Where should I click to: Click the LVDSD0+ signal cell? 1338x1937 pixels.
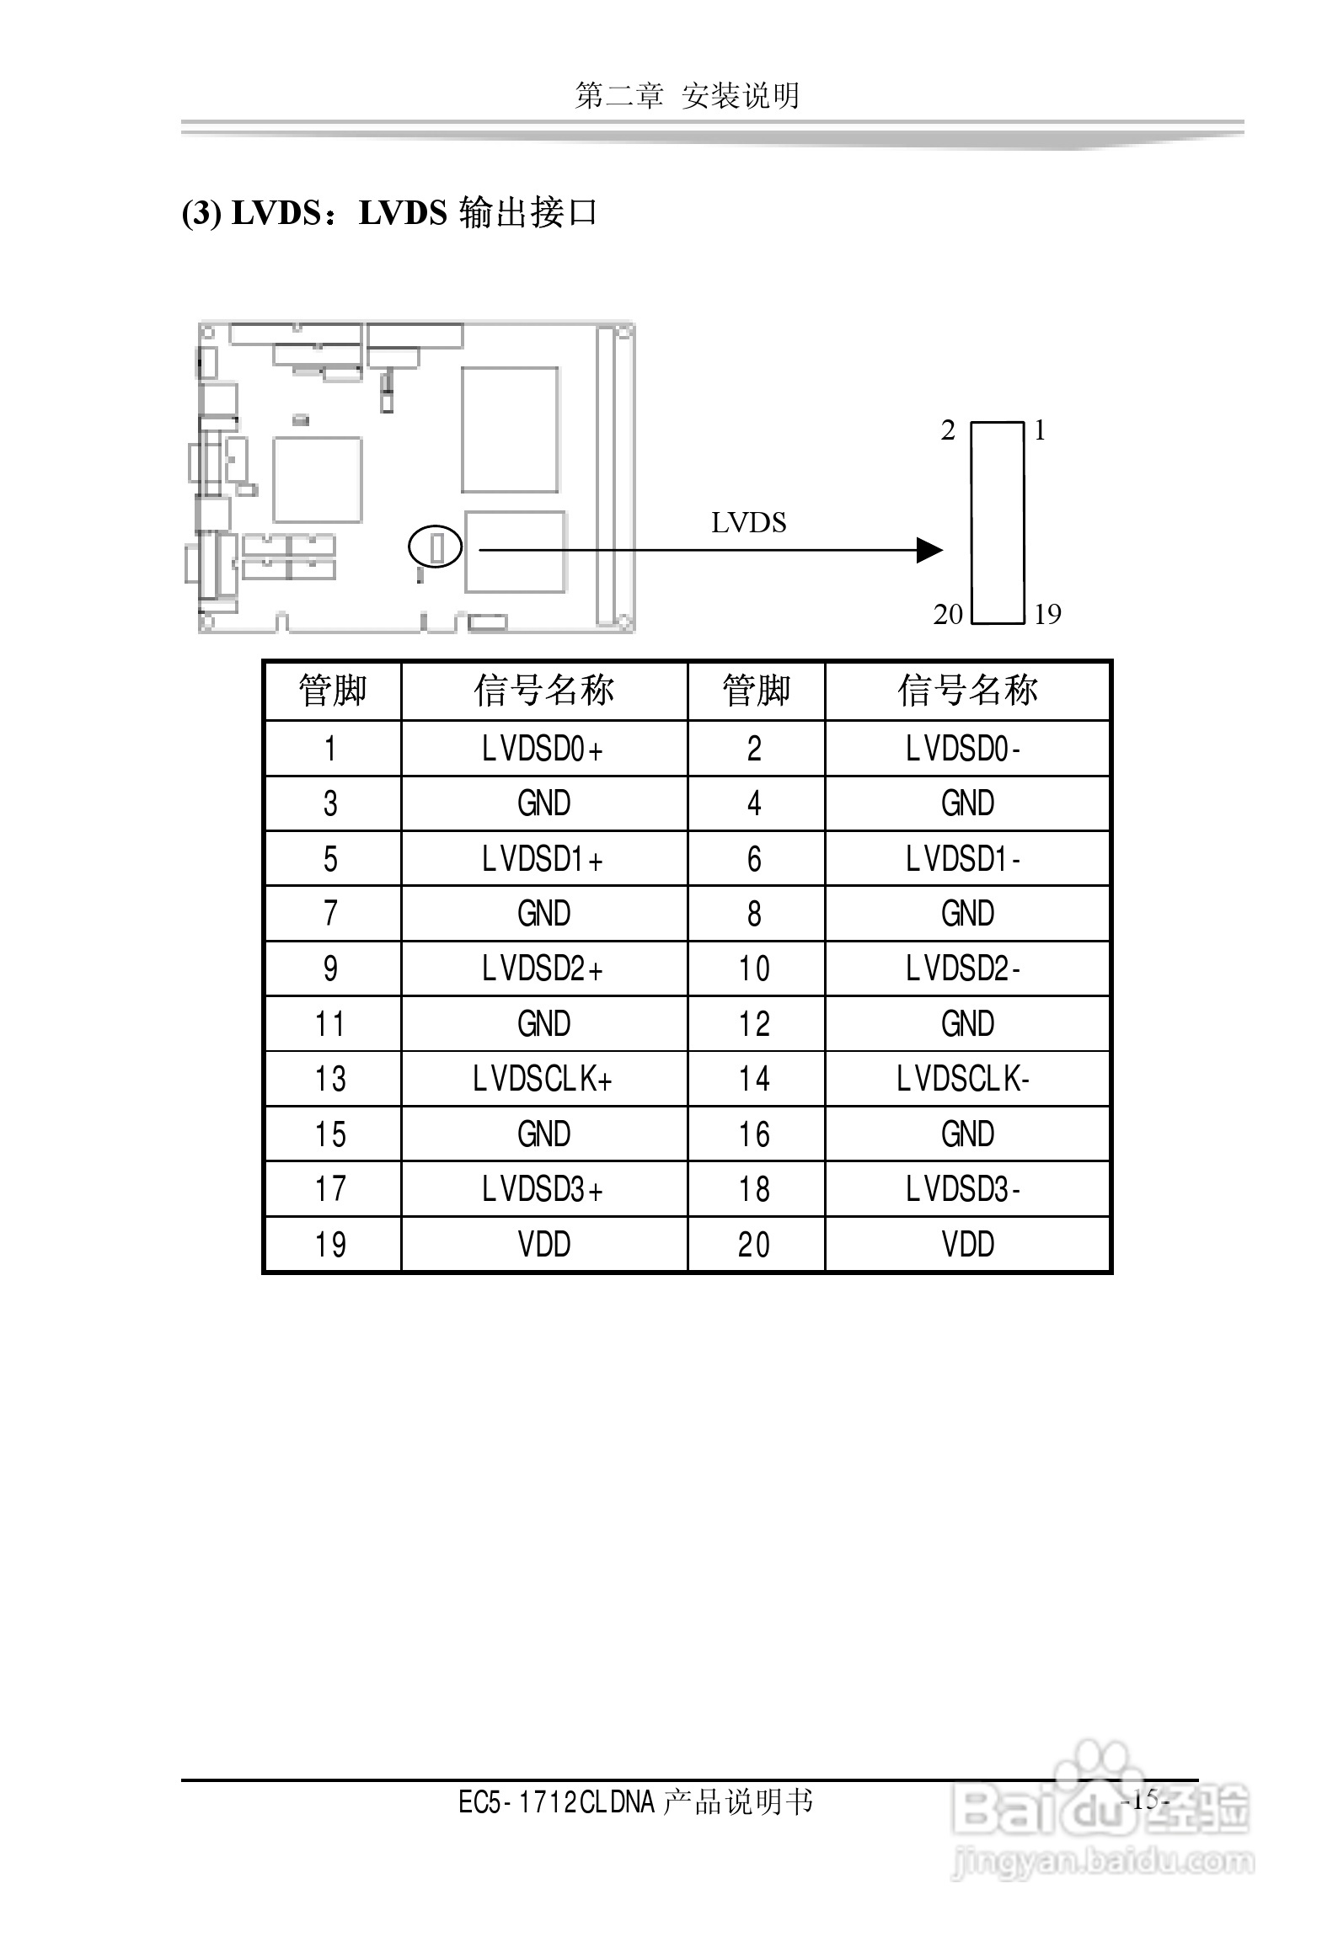543,749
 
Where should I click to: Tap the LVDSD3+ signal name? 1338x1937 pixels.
543,1189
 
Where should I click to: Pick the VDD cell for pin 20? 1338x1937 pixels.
967,1244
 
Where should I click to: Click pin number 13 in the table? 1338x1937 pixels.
330,1079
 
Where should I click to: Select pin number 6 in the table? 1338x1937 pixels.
754,859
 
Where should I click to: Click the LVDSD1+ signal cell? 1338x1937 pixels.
543,859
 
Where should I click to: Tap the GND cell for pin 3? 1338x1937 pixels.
543,803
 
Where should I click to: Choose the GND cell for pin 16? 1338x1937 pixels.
967,1134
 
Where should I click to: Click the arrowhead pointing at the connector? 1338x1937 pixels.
929,550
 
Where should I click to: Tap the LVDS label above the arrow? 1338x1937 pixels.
748,523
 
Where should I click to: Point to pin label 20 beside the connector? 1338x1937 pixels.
947,615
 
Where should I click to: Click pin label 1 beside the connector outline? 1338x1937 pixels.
1040,431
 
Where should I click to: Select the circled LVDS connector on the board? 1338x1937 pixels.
436,547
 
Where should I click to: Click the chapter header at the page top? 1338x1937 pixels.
687,96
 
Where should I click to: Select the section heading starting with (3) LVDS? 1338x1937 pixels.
389,213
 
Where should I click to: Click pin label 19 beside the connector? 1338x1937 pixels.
1047,615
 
